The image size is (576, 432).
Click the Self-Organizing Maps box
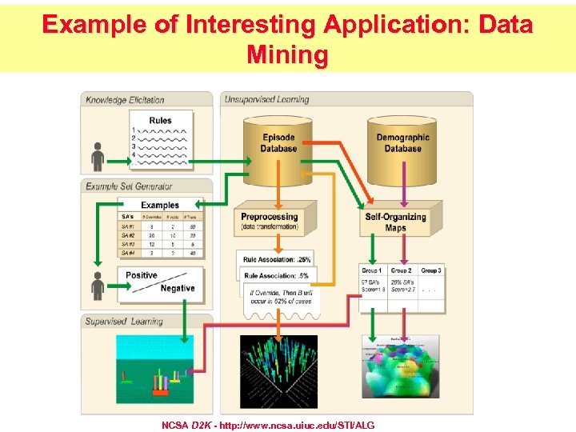coord(395,222)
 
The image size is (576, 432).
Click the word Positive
coord(142,275)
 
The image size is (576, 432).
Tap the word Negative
coord(177,289)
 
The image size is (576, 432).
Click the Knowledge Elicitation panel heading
coord(126,100)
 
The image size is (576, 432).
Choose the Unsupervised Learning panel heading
coord(266,100)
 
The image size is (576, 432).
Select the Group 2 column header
coord(401,270)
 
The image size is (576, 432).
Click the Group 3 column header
coord(431,270)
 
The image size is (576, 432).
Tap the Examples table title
coord(160,206)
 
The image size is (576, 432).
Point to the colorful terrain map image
coord(401,366)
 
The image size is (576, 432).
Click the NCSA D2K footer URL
coord(268,424)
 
